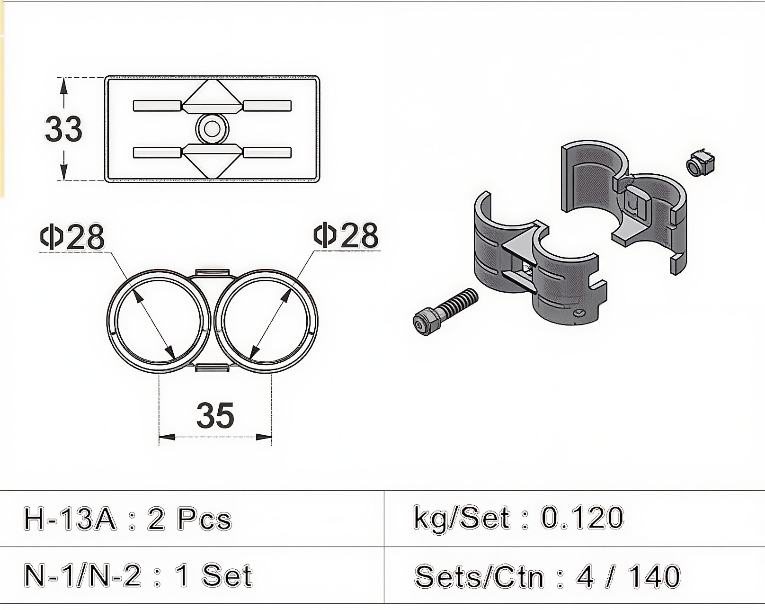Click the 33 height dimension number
[63, 128]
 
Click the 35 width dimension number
[215, 415]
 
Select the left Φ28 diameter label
[72, 236]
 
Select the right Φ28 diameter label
[346, 235]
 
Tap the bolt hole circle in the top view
[212, 129]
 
